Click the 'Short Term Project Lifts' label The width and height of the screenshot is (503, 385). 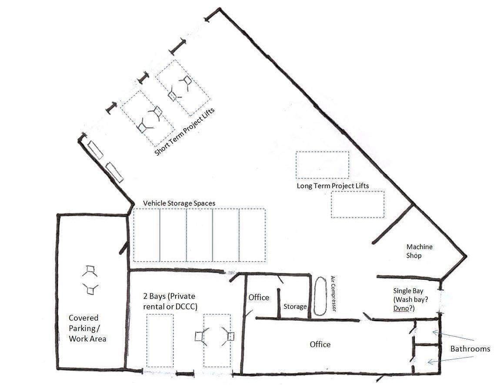[184, 132]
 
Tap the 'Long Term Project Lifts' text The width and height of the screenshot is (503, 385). [333, 186]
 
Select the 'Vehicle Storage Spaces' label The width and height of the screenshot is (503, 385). [179, 203]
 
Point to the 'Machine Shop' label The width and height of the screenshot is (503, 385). [419, 251]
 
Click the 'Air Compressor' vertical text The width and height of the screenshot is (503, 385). [333, 294]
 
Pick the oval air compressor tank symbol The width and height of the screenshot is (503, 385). [320, 296]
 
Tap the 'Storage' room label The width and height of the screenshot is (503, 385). [295, 307]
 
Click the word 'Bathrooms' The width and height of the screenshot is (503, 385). [470, 349]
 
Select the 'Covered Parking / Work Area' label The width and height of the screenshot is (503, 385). [87, 328]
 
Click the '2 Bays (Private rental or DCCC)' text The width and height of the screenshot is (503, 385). [170, 301]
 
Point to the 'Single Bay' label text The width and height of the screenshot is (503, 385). [408, 291]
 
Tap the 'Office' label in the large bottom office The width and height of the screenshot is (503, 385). [320, 345]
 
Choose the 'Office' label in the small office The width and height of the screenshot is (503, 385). [259, 298]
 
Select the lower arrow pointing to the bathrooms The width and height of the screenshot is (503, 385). [451, 360]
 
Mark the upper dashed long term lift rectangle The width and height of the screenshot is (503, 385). [323, 165]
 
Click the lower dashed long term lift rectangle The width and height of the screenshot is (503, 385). [358, 204]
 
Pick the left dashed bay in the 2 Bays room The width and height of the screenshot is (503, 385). [160, 341]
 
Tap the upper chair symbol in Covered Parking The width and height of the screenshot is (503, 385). [90, 271]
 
